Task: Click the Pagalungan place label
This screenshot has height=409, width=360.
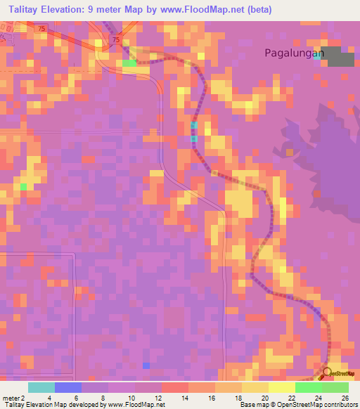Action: pos(293,53)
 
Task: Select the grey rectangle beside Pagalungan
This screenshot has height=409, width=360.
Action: pos(340,57)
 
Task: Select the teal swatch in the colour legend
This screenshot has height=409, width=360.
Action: pos(41,387)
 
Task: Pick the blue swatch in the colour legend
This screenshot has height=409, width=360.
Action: pos(68,387)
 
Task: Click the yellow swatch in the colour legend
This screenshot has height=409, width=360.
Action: pos(282,387)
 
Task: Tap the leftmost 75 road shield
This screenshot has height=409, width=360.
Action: pos(42,28)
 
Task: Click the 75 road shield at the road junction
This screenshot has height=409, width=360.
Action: pos(115,41)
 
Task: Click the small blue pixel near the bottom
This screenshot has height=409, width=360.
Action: pos(146,365)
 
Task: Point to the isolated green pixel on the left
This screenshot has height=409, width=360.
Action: pos(23,186)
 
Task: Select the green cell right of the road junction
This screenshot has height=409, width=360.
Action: pos(129,64)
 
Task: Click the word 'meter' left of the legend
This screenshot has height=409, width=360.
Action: pos(10,398)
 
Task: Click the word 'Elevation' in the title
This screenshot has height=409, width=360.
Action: pos(61,9)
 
